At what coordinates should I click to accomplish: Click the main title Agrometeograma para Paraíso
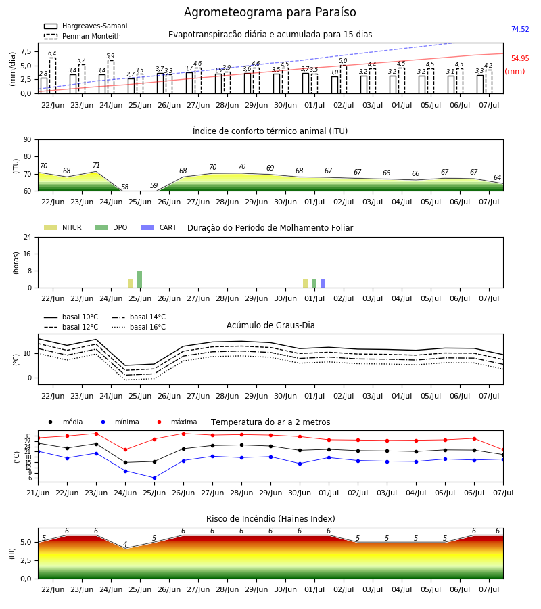tap(270, 12)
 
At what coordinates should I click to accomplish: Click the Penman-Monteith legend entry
tap(83, 36)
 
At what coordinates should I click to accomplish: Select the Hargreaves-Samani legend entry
tap(85, 26)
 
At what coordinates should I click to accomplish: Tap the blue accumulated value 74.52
tap(520, 29)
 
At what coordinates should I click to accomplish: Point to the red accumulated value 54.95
tap(520, 58)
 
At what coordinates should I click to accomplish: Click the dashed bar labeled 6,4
tap(52, 76)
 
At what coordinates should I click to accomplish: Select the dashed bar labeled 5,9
tap(111, 77)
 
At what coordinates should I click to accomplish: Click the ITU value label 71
tap(96, 166)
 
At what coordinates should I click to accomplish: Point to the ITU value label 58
tap(124, 187)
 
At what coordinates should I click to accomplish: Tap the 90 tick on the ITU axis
tap(28, 140)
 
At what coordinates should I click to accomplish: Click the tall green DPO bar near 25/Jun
tap(140, 279)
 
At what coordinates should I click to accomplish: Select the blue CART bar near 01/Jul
tap(323, 284)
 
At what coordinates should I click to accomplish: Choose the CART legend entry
tap(158, 227)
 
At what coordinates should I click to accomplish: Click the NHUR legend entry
tap(62, 227)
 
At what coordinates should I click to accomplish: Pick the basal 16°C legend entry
tap(139, 327)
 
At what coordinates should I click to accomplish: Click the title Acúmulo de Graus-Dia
tap(270, 325)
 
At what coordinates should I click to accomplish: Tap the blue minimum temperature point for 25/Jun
tap(154, 478)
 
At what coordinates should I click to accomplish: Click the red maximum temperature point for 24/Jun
tap(125, 450)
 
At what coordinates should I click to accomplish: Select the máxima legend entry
tap(174, 422)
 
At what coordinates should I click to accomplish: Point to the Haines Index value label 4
tap(125, 544)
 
